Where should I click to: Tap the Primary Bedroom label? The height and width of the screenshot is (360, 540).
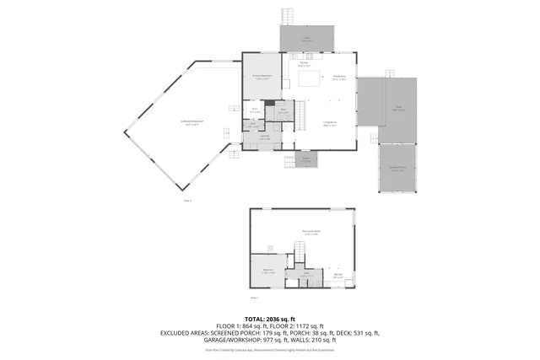pos(262,77)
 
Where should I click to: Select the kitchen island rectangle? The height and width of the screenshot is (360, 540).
pos(309,79)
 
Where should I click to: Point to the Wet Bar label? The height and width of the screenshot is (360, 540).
pos(338,274)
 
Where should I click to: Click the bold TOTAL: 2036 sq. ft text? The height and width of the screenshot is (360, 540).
pos(269,318)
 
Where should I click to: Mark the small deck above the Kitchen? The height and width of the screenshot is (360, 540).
pos(307,37)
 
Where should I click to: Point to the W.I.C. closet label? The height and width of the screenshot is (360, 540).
pos(253,109)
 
